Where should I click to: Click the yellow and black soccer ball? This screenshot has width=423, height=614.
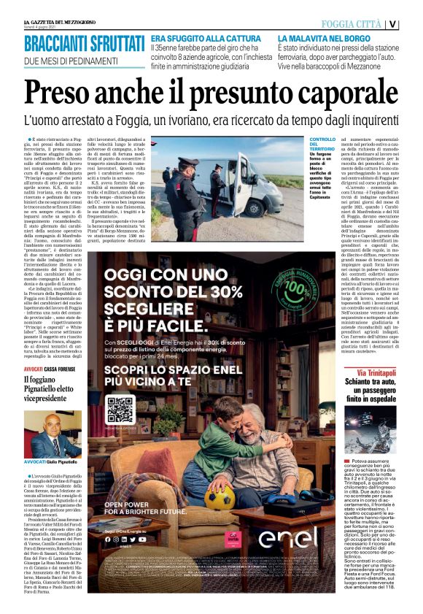[219, 499]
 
